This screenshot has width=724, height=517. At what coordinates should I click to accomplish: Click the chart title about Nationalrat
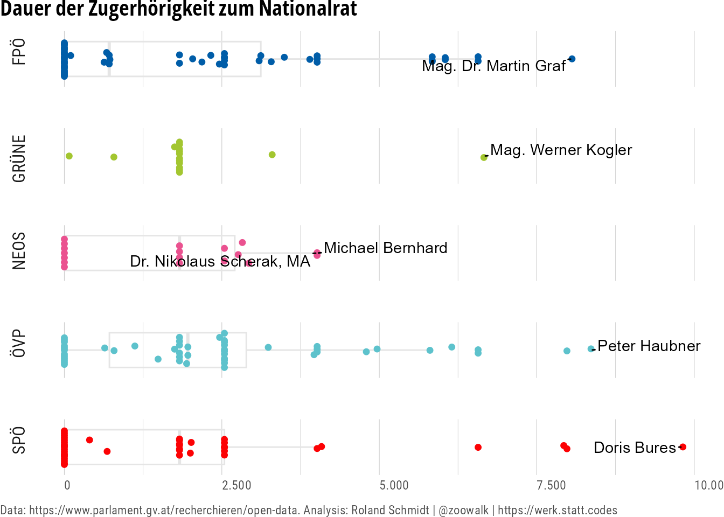tap(178, 9)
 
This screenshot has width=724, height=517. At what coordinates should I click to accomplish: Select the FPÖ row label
tap(19, 52)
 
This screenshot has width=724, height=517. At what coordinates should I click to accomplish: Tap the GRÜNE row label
tap(19, 158)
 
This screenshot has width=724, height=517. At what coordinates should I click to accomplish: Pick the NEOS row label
tap(19, 250)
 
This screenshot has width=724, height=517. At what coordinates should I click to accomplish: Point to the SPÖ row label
tap(19, 440)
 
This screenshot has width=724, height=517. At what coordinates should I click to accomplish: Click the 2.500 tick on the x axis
tap(237, 485)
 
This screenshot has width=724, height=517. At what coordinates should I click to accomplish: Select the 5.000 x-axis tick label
tap(394, 485)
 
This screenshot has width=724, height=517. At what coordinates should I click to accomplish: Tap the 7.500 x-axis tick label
tap(552, 485)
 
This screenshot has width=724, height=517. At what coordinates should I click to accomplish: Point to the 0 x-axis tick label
tap(67, 485)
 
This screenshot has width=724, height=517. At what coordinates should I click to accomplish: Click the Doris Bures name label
tap(635, 448)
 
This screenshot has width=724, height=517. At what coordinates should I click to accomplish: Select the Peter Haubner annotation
tap(649, 346)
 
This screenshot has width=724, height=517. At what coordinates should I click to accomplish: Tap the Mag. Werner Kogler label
tap(561, 150)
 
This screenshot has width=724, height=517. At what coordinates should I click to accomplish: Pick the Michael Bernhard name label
tap(385, 248)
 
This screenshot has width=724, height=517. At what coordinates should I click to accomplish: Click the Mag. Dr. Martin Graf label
tap(493, 66)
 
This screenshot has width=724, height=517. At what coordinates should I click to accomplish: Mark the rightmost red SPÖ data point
tap(683, 446)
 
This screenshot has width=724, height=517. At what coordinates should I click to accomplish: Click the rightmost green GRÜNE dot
tap(484, 157)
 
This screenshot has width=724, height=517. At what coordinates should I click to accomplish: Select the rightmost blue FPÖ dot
tap(572, 59)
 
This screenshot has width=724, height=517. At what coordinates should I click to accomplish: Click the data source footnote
tap(309, 510)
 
